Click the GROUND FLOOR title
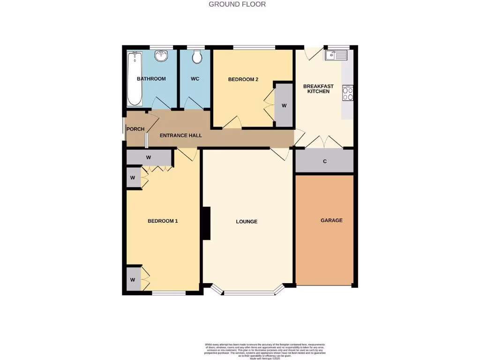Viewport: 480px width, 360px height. click(237, 4)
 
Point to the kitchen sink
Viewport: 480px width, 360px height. click(336, 56)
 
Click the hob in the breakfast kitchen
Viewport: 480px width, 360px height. click(347, 93)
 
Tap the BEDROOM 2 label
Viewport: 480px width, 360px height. click(243, 79)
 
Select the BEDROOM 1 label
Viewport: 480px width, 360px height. click(163, 221)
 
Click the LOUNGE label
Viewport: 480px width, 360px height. click(247, 221)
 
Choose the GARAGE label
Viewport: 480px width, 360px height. click(331, 220)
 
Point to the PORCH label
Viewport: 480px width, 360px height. click(135, 129)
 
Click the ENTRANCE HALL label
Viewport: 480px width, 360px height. click(180, 135)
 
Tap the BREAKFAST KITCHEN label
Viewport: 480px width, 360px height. click(318, 89)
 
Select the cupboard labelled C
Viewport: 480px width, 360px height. click(324, 161)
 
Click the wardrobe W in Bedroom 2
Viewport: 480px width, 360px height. click(284, 105)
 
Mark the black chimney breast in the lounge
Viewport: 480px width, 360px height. click(206, 224)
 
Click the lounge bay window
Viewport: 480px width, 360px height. click(248, 292)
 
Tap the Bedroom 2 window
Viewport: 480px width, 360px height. click(254, 47)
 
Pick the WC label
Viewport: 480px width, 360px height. click(195, 79)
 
